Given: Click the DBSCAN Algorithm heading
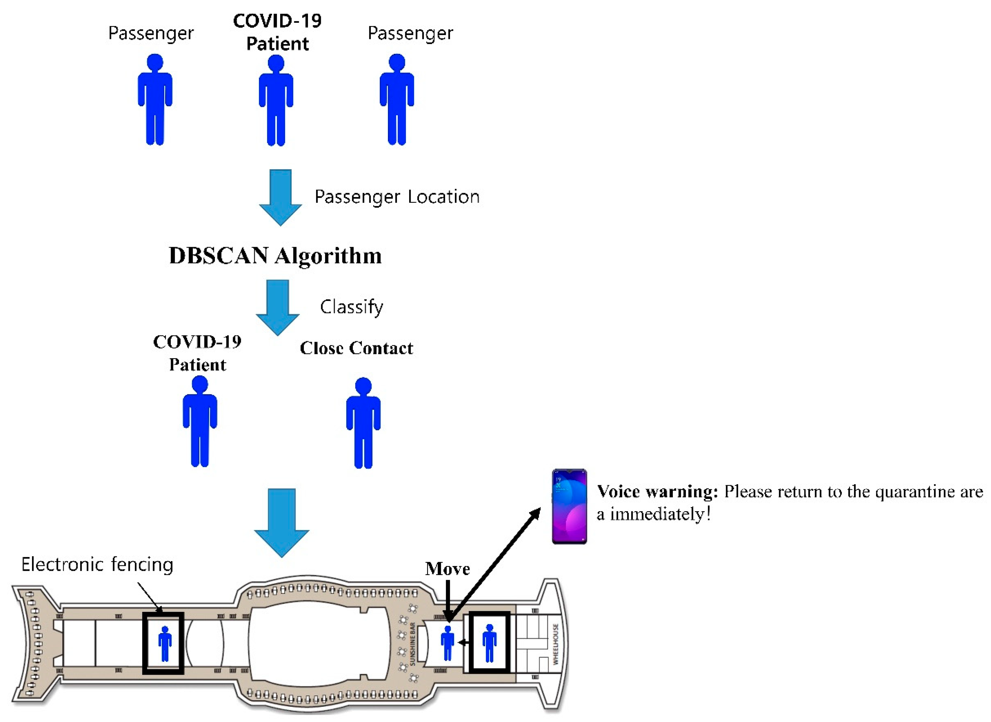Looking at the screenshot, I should tap(275, 256).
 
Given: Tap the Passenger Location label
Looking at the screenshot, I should tap(397, 197).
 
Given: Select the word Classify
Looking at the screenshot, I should tap(351, 307).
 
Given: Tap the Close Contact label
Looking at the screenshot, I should tap(356, 348).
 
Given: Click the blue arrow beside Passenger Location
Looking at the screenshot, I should tap(280, 197).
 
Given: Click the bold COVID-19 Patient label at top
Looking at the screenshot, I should tap(277, 32).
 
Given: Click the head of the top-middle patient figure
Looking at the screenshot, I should tap(276, 63).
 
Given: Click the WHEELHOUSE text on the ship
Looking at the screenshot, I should tap(556, 644).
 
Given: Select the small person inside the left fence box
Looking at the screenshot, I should tap(165, 644).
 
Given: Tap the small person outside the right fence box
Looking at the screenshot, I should tap(447, 643).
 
